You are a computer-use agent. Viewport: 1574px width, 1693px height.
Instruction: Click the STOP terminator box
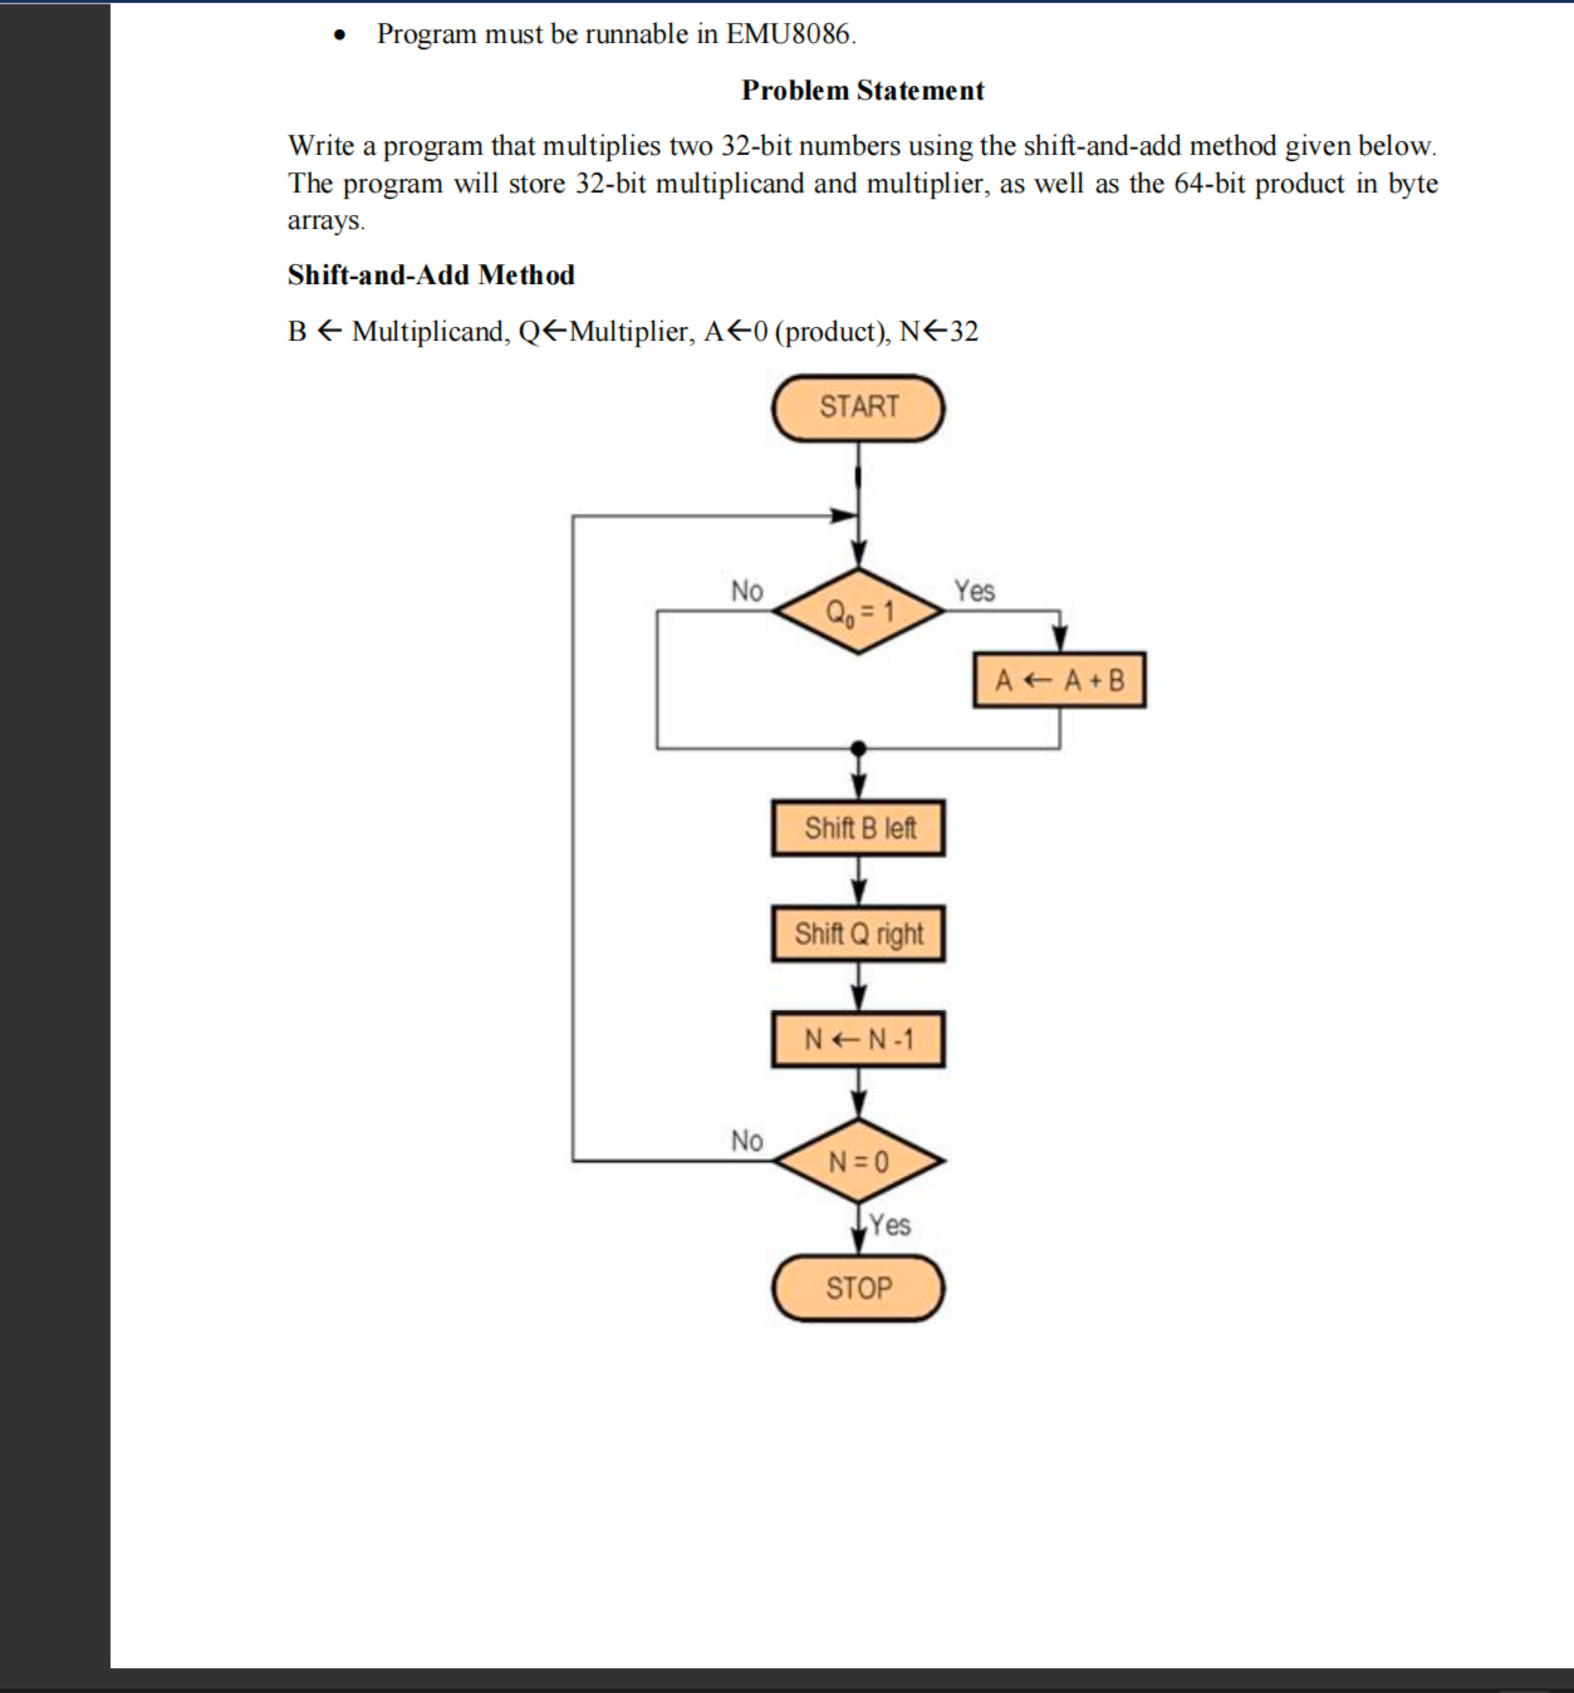click(858, 1287)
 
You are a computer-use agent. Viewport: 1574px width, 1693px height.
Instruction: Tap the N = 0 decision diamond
click(858, 1160)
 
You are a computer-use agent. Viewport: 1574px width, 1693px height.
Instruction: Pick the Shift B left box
click(858, 828)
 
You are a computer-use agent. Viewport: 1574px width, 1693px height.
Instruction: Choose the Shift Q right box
click(858, 933)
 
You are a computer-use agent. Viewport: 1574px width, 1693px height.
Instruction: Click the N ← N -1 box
click(858, 1039)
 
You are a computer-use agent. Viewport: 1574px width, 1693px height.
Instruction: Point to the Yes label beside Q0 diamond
click(974, 590)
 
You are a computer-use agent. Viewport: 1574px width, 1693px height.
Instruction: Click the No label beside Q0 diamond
click(746, 590)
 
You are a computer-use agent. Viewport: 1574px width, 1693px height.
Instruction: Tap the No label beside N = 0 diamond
click(746, 1140)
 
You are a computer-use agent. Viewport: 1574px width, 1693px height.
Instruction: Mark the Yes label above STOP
click(890, 1225)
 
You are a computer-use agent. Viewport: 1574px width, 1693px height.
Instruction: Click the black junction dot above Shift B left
click(859, 748)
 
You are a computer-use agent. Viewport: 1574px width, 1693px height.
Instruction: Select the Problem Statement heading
click(862, 90)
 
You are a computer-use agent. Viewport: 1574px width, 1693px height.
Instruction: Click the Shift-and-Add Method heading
click(431, 275)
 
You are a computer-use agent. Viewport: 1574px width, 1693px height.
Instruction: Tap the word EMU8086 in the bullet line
click(788, 34)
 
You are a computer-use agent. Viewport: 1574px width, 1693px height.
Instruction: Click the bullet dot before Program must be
click(340, 36)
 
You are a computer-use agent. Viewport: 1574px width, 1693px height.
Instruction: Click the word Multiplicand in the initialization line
click(428, 332)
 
